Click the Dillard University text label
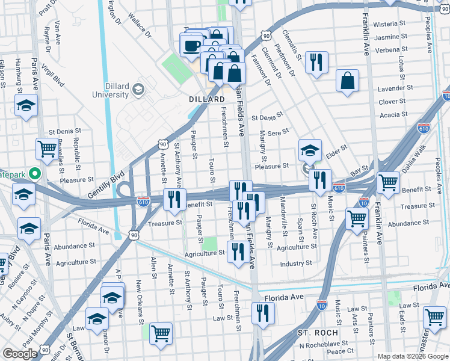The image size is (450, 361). [111, 90]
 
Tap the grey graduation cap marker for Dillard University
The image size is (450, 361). [138, 90]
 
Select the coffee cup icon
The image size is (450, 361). [192, 45]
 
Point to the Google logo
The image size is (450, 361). [20, 354]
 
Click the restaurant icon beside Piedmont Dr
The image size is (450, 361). [316, 62]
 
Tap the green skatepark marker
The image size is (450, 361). [35, 174]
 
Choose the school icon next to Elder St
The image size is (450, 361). [310, 150]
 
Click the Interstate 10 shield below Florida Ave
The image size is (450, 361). [322, 304]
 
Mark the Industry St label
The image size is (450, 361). [295, 264]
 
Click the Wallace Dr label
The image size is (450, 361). [139, 28]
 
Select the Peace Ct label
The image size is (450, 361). [341, 351]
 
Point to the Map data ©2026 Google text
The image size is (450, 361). [413, 356]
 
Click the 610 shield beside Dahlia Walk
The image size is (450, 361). [424, 128]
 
